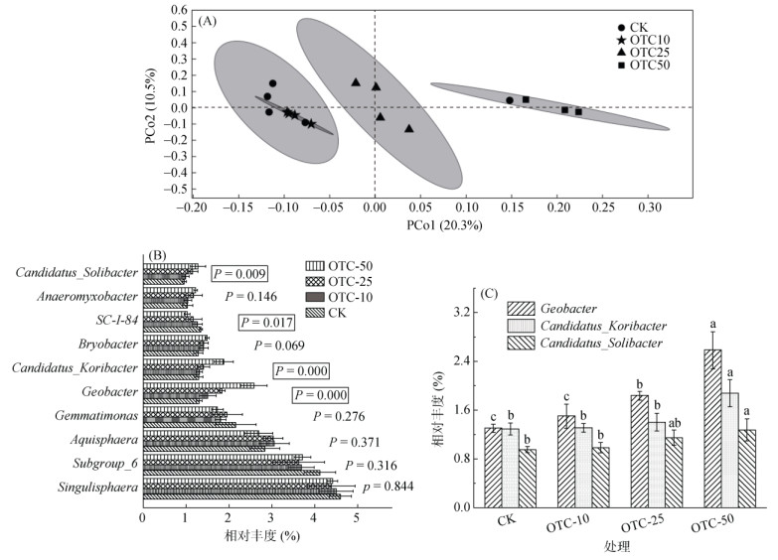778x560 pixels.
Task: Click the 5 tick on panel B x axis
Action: [356, 516]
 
